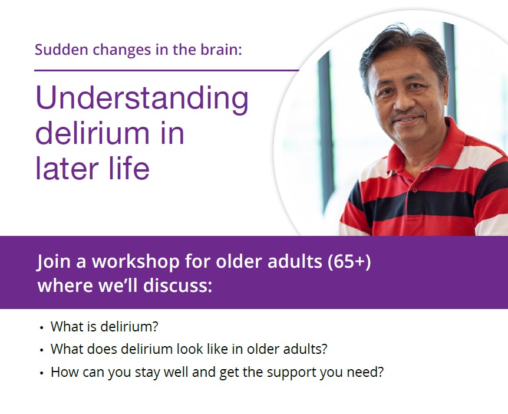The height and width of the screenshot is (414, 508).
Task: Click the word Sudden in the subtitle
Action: tap(61, 50)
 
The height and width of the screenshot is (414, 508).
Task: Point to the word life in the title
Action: tap(129, 167)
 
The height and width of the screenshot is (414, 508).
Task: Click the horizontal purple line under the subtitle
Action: tap(167, 70)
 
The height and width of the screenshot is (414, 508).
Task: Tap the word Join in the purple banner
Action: tap(54, 262)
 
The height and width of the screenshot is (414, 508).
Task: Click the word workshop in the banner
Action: tap(136, 262)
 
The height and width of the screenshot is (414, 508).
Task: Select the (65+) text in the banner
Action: tap(349, 261)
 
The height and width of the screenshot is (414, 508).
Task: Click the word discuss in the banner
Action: tap(177, 285)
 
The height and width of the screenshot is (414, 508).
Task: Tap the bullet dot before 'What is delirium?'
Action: tap(41, 328)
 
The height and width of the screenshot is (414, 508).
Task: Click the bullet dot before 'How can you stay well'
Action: tap(41, 373)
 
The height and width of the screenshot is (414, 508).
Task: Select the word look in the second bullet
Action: tap(189, 349)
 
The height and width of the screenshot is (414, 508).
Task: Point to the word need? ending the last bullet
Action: tap(365, 372)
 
